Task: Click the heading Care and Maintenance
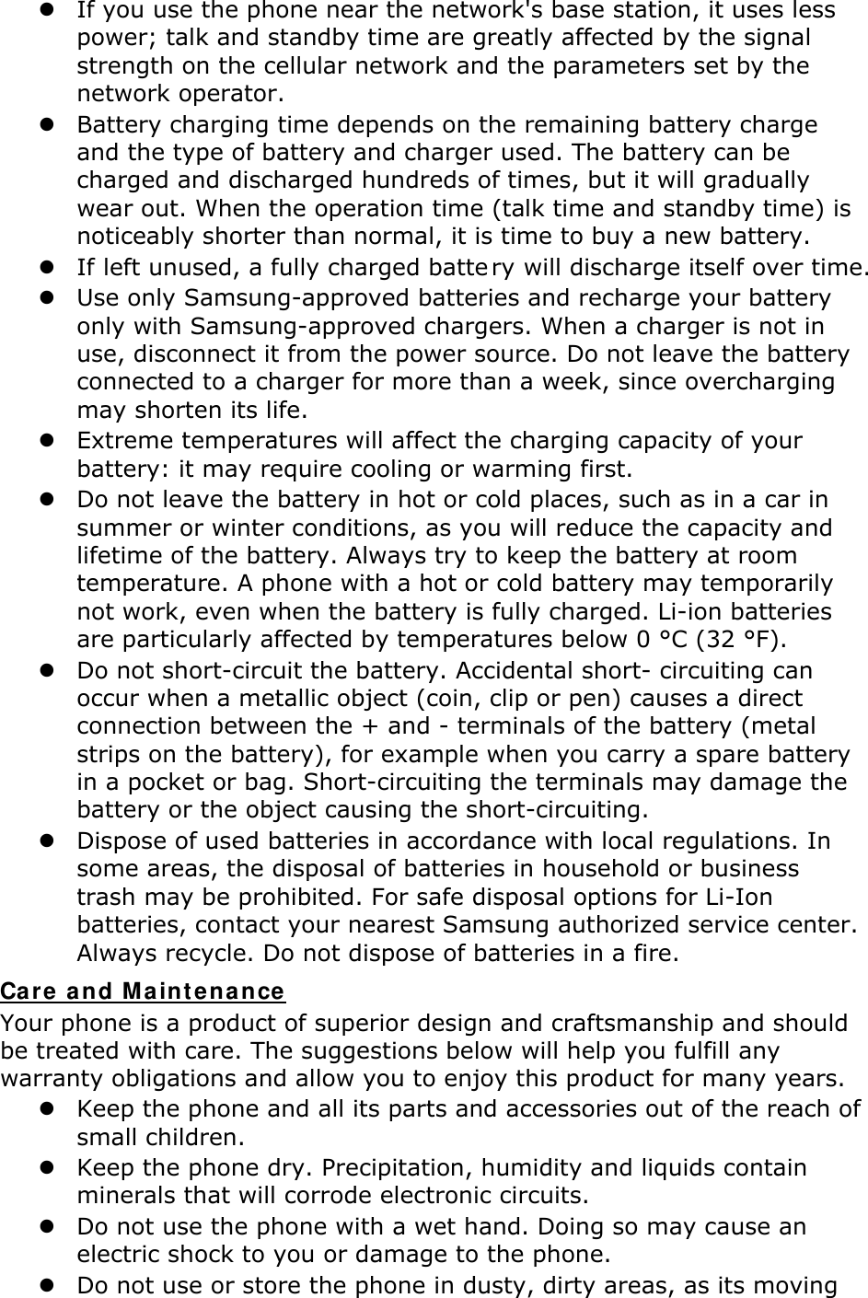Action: point(143,992)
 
